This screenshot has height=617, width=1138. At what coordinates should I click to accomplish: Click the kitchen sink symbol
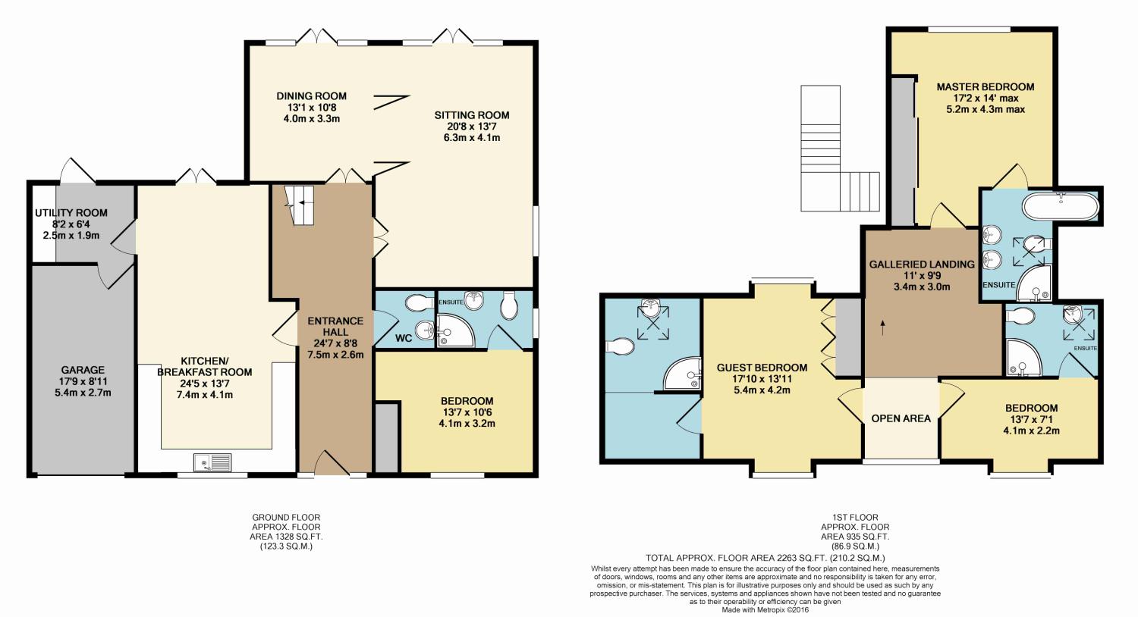[x=212, y=462]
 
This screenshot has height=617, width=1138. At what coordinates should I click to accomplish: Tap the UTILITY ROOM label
[x=71, y=213]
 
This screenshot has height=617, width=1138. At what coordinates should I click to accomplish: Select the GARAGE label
[x=83, y=371]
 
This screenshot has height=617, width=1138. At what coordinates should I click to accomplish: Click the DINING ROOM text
[x=311, y=96]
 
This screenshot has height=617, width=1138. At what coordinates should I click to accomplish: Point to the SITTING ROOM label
[x=472, y=115]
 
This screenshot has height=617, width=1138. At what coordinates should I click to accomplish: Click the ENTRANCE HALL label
[x=335, y=326]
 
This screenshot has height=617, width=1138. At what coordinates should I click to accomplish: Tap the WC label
[x=404, y=338]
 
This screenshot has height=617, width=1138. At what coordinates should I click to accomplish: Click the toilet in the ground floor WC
[x=419, y=303]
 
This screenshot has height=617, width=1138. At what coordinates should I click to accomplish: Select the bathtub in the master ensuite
[x=1061, y=207]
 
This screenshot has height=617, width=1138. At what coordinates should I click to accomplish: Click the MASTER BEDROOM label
[x=986, y=86]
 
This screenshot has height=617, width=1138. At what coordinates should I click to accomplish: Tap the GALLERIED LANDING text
[x=922, y=265]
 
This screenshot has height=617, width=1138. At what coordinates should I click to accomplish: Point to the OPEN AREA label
[x=901, y=418]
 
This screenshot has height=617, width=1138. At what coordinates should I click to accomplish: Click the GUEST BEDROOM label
[x=762, y=368]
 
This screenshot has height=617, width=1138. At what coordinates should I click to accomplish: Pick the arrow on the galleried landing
[x=883, y=327]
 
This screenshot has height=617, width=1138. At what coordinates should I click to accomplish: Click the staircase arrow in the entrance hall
[x=303, y=202]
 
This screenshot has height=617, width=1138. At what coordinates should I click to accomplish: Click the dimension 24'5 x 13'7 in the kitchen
[x=204, y=384]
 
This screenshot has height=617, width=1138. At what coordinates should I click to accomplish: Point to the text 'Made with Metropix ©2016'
[x=765, y=610]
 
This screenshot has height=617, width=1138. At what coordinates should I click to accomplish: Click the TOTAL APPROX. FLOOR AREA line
[x=765, y=558]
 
